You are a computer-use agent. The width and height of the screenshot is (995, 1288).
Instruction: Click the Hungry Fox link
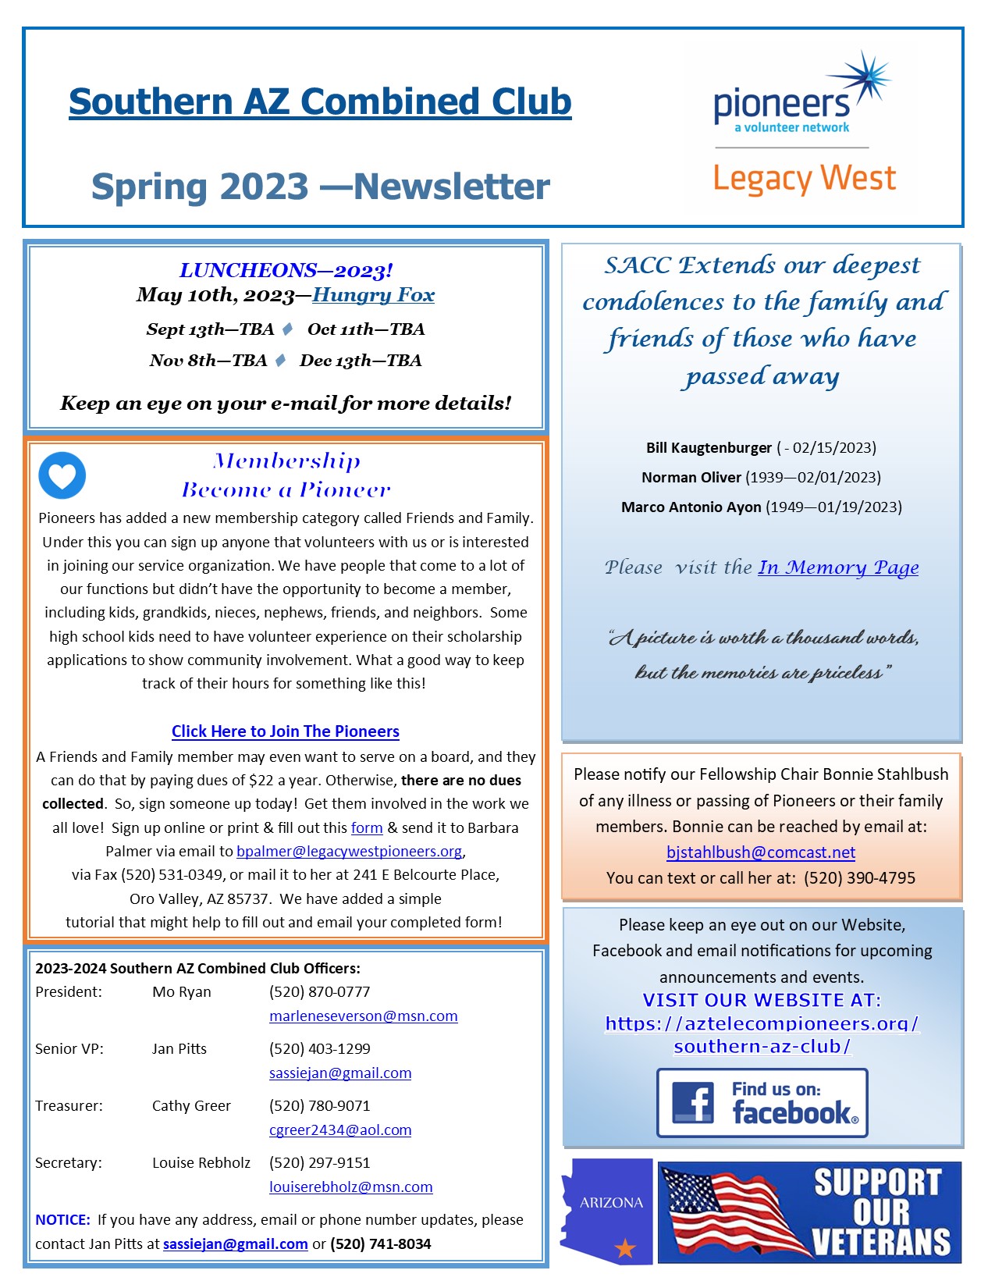tap(373, 295)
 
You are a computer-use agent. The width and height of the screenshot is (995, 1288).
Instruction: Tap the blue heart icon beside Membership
tap(62, 475)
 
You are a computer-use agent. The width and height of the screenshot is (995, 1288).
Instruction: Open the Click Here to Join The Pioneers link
tap(285, 731)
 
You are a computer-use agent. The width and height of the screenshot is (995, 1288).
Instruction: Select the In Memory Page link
tap(838, 568)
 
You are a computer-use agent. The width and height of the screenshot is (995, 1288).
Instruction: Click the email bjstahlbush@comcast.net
tap(761, 852)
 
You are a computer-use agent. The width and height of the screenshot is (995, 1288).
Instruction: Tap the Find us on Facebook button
tap(762, 1103)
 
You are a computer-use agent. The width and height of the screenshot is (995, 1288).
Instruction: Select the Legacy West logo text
tap(805, 179)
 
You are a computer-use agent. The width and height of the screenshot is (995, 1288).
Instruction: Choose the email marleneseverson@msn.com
tap(363, 1016)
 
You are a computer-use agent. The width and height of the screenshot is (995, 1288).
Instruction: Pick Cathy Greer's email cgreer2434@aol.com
tap(339, 1130)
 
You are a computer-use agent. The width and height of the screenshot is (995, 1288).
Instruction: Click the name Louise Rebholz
tap(201, 1163)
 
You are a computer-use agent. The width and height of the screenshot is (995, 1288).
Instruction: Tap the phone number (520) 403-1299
tap(319, 1049)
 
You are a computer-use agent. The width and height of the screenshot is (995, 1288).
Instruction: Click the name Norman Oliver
tap(691, 478)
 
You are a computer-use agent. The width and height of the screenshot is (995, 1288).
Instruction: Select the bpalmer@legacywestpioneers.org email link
tap(350, 852)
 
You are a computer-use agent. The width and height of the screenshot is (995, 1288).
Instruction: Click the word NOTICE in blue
tap(62, 1220)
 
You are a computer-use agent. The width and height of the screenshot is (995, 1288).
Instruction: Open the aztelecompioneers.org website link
tap(762, 1034)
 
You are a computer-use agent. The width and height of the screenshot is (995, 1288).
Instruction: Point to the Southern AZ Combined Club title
tap(320, 102)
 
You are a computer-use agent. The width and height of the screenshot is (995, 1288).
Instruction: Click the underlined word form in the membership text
tap(367, 828)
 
